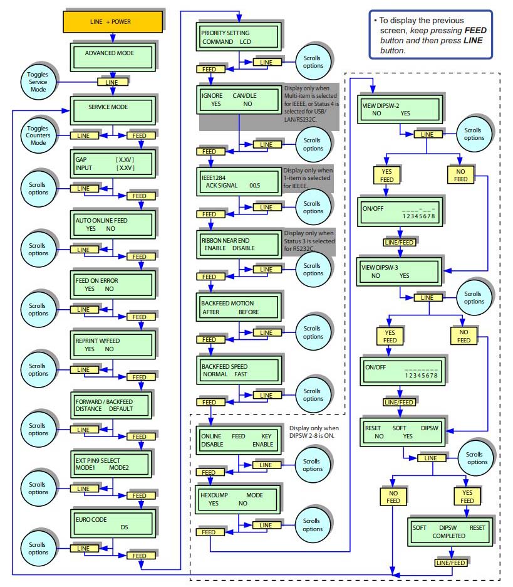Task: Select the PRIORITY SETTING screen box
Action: (238, 37)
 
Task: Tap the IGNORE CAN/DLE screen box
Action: (238, 99)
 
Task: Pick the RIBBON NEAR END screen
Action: (238, 243)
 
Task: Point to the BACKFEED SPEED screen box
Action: (238, 369)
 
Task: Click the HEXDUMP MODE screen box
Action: (238, 499)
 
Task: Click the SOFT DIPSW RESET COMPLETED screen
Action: (448, 531)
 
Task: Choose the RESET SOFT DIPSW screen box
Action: (404, 431)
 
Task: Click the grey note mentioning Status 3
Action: (309, 241)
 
